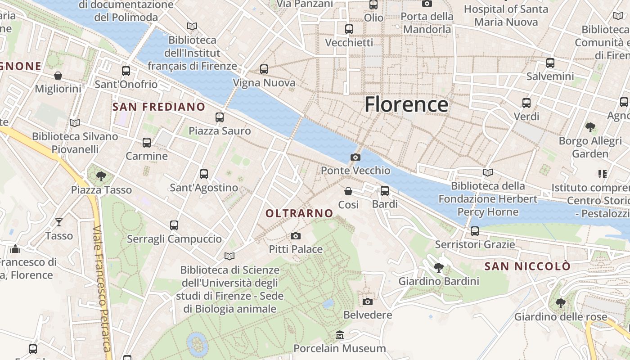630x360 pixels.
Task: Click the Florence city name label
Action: coord(406,104)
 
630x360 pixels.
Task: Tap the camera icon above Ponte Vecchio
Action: coord(355,157)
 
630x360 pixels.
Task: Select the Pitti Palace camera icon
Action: coord(296,236)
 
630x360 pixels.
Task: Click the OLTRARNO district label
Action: coord(299,213)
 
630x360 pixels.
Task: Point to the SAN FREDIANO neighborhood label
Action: coord(159,107)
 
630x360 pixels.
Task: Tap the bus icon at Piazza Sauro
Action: coord(220,117)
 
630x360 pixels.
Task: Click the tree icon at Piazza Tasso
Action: coord(101,176)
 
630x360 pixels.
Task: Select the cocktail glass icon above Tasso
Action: coord(59,222)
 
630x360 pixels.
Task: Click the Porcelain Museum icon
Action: coord(340,335)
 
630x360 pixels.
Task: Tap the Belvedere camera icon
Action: coord(368,301)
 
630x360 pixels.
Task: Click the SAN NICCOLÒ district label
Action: coord(527,266)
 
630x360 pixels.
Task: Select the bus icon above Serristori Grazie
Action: coord(475,231)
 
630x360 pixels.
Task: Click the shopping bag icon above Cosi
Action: coord(348,191)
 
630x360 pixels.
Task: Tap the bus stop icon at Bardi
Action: coord(385,191)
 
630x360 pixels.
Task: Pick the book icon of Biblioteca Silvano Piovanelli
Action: coord(75,123)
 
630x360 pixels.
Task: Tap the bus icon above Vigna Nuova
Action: coord(264,69)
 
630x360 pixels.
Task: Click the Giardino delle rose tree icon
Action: coord(560,303)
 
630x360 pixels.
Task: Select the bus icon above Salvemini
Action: coord(550,63)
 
